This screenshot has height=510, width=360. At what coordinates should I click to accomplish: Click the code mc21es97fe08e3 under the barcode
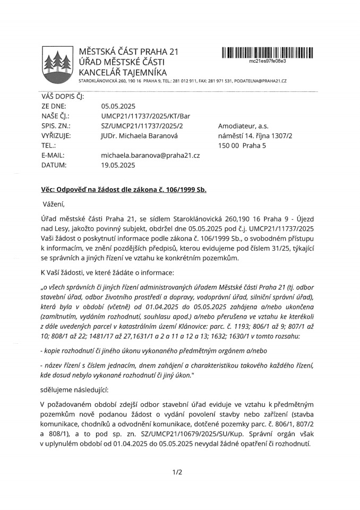(268, 61)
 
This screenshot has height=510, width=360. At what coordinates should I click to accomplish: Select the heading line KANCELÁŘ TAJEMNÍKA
(123, 72)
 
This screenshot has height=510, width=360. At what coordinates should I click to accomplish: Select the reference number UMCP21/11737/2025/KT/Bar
(145, 116)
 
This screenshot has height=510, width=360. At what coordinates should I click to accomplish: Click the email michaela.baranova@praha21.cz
(150, 155)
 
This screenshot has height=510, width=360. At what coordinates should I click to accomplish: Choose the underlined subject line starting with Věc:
(124, 190)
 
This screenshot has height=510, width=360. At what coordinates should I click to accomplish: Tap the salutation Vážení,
(53, 203)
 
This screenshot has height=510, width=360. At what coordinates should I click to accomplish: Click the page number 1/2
(177, 471)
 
